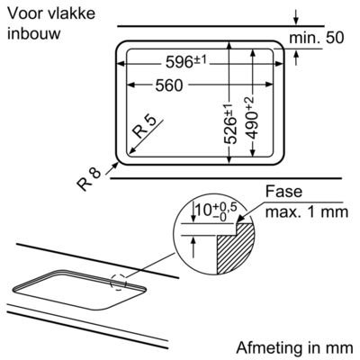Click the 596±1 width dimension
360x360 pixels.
coord(186,62)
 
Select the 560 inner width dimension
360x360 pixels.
coord(169,85)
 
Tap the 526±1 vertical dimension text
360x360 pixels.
coord(230,124)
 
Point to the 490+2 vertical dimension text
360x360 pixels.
coord(251,118)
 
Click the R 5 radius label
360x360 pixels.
coord(145,127)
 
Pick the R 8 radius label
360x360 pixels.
coord(89,179)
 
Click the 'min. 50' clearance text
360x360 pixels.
coord(317,38)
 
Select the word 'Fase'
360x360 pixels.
coord(283,192)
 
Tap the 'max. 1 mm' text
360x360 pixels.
coord(307,212)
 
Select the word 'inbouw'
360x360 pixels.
coord(34,33)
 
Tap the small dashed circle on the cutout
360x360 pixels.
coord(119,282)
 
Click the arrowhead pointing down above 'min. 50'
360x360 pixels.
coord(296,21)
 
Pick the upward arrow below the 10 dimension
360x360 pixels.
coord(193,247)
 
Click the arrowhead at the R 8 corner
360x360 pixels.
coord(116,165)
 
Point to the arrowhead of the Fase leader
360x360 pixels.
coord(240,220)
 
